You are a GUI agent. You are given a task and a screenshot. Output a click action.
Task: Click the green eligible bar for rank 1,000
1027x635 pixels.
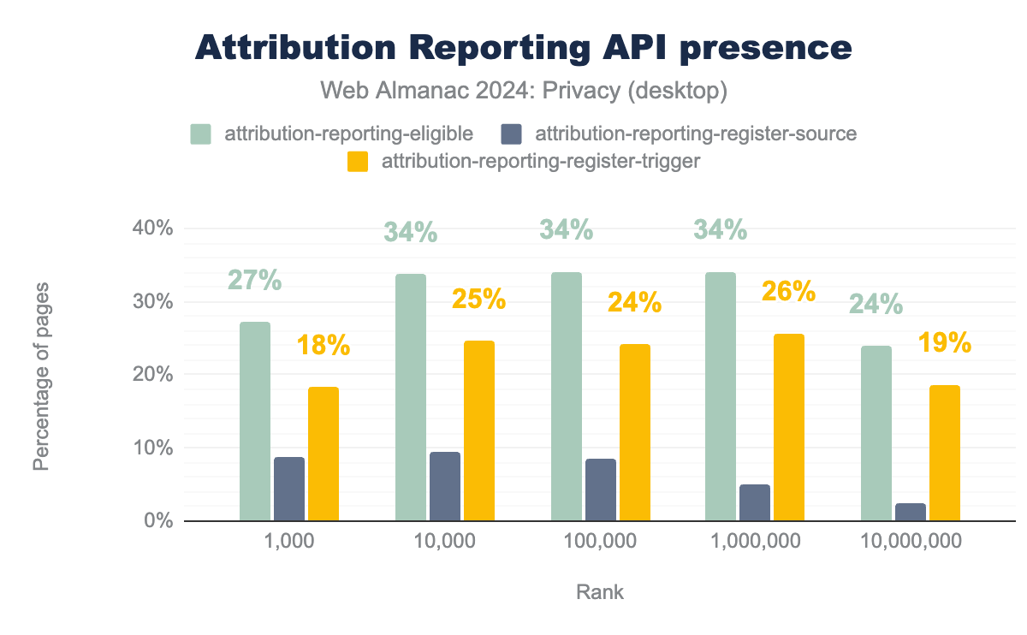coord(255,421)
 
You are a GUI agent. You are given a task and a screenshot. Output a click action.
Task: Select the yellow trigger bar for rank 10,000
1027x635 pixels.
coord(479,430)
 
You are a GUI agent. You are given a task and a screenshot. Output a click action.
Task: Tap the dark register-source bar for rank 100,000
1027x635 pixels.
coord(600,490)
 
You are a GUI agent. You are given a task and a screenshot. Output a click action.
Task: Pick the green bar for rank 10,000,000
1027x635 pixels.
coord(876,433)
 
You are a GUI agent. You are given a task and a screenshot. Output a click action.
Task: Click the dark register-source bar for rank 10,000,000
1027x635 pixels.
coord(910,512)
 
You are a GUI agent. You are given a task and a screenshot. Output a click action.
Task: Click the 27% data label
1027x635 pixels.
coord(255,281)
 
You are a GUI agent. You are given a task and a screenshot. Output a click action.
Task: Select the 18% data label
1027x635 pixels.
coord(324,346)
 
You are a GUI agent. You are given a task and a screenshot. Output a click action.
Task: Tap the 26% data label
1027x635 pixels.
coord(788,292)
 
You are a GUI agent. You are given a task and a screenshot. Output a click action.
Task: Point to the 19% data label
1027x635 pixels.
coord(944,343)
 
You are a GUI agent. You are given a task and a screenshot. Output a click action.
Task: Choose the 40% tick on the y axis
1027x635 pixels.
coord(155,228)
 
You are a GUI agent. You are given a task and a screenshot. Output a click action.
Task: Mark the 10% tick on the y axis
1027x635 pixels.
coord(155,448)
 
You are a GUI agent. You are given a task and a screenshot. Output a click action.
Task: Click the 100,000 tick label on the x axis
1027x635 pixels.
coord(601,541)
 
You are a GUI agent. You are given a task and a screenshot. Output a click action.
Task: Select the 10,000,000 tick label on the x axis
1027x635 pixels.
coord(911,541)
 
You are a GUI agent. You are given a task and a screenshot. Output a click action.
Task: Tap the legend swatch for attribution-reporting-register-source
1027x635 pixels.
coord(511,134)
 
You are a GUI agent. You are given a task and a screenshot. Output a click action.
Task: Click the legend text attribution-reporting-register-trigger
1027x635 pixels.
coord(540,161)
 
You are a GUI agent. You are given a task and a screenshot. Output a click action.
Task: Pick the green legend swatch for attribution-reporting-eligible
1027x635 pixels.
coord(200,134)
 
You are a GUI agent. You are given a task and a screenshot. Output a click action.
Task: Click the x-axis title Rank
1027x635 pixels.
coord(600,592)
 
